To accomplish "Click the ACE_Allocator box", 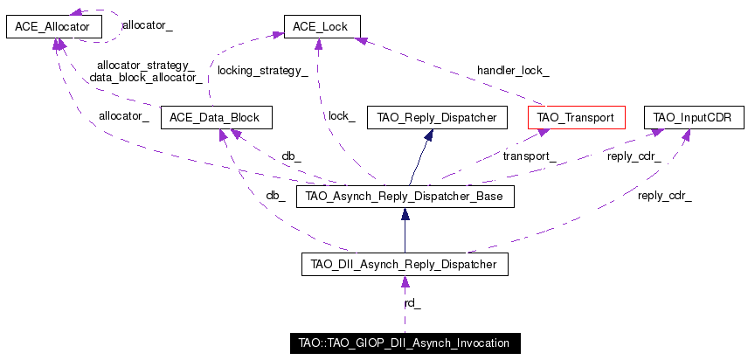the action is tap(54, 27).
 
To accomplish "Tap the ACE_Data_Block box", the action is tap(217, 117).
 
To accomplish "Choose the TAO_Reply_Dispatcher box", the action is tap(437, 117).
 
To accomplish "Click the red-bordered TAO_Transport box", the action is tap(577, 117).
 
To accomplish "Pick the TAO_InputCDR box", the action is tap(694, 117).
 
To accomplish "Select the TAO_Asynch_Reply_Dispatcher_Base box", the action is tap(405, 197).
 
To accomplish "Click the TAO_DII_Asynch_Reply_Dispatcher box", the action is tap(405, 264).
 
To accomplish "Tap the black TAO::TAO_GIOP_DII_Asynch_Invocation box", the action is tap(405, 343).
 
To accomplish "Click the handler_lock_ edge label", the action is tap(513, 71).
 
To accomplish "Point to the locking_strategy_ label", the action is tap(262, 71).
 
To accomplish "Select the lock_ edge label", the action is tap(342, 116).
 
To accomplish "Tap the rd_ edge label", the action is tap(412, 303).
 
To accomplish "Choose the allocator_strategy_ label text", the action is tap(146, 66).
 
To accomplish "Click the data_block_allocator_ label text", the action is tap(146, 77).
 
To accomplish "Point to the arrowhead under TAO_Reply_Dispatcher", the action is tap(428, 135).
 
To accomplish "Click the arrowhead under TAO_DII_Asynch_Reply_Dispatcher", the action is tap(405, 282).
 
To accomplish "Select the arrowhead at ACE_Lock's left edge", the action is tap(278, 34).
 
